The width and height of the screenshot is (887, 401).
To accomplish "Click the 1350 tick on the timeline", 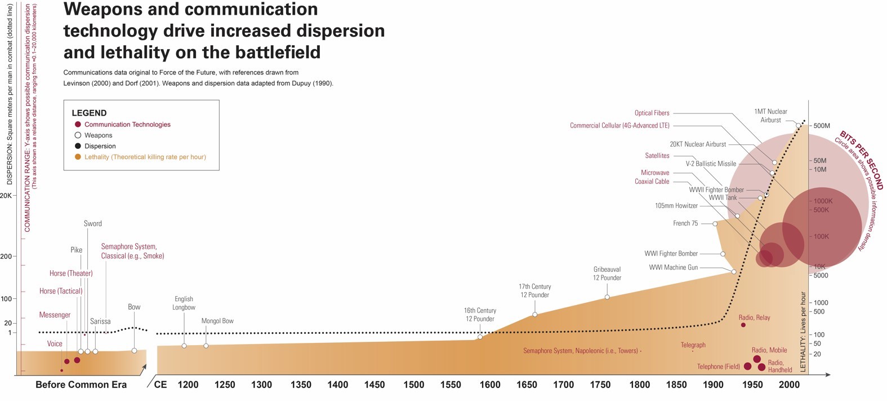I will (x=301, y=385).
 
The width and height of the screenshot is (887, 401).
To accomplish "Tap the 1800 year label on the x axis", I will (x=639, y=385).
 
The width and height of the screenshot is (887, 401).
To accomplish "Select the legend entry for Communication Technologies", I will (x=127, y=125).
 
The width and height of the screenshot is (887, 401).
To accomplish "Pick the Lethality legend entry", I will (x=145, y=157).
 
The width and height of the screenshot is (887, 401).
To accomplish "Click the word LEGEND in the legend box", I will (x=89, y=113).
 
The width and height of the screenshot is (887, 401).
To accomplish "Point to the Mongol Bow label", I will (x=217, y=321).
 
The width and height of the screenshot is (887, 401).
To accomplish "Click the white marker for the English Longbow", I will (x=184, y=346).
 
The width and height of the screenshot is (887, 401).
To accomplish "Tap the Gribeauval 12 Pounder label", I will (x=607, y=274).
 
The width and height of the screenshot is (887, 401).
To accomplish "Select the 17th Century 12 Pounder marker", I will (x=534, y=315).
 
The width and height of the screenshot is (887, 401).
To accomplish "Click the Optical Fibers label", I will (x=652, y=113).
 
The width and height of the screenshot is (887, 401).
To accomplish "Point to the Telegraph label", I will (x=693, y=345).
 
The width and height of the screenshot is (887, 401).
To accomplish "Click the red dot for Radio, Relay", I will (x=743, y=325).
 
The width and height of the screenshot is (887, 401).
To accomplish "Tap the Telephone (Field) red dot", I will (x=747, y=367).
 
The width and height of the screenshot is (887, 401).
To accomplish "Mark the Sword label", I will (x=93, y=223).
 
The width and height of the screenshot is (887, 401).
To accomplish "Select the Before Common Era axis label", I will (x=81, y=385).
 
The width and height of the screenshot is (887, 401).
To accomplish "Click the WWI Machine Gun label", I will (x=673, y=267).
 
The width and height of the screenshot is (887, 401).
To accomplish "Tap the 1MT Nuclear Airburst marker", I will (x=798, y=125).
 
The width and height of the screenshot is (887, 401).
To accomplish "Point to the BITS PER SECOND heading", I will (x=861, y=160).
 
